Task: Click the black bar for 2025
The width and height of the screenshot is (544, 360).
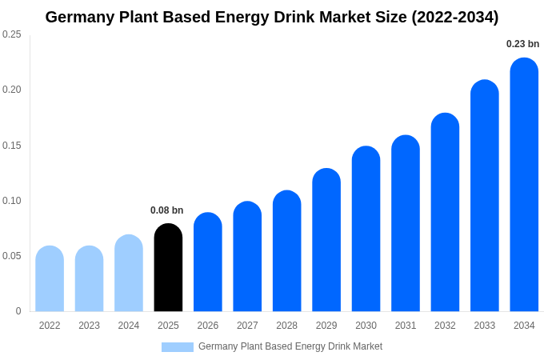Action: [x=168, y=268]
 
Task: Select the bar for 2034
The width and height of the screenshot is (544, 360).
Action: [x=524, y=185]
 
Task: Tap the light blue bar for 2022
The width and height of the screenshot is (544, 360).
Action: [x=50, y=279]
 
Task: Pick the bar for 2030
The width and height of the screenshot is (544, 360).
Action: [x=366, y=230]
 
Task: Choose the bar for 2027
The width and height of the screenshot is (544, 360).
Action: [x=247, y=257]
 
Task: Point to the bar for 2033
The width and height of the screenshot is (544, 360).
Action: [x=484, y=196]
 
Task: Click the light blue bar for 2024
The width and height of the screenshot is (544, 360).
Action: [x=129, y=274]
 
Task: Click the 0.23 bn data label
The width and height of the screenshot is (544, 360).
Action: [x=522, y=44]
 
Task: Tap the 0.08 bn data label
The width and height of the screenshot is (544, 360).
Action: [x=166, y=210]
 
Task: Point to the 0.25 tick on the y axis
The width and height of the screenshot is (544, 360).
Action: [x=12, y=34]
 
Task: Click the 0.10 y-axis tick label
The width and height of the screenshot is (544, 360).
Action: [x=12, y=201]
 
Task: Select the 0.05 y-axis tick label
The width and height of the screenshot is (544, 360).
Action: [x=12, y=256]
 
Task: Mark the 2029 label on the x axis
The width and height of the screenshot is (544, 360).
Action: [x=326, y=326]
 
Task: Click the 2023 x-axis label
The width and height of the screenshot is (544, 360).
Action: [x=89, y=326]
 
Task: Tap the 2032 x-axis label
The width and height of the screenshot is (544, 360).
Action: [x=445, y=326]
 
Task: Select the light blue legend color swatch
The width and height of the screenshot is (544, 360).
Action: [x=177, y=347]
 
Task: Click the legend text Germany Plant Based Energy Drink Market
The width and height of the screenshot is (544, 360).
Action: [x=290, y=346]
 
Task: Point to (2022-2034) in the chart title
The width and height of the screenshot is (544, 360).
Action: [x=454, y=17]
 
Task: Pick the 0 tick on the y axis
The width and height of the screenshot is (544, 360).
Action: [x=18, y=311]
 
